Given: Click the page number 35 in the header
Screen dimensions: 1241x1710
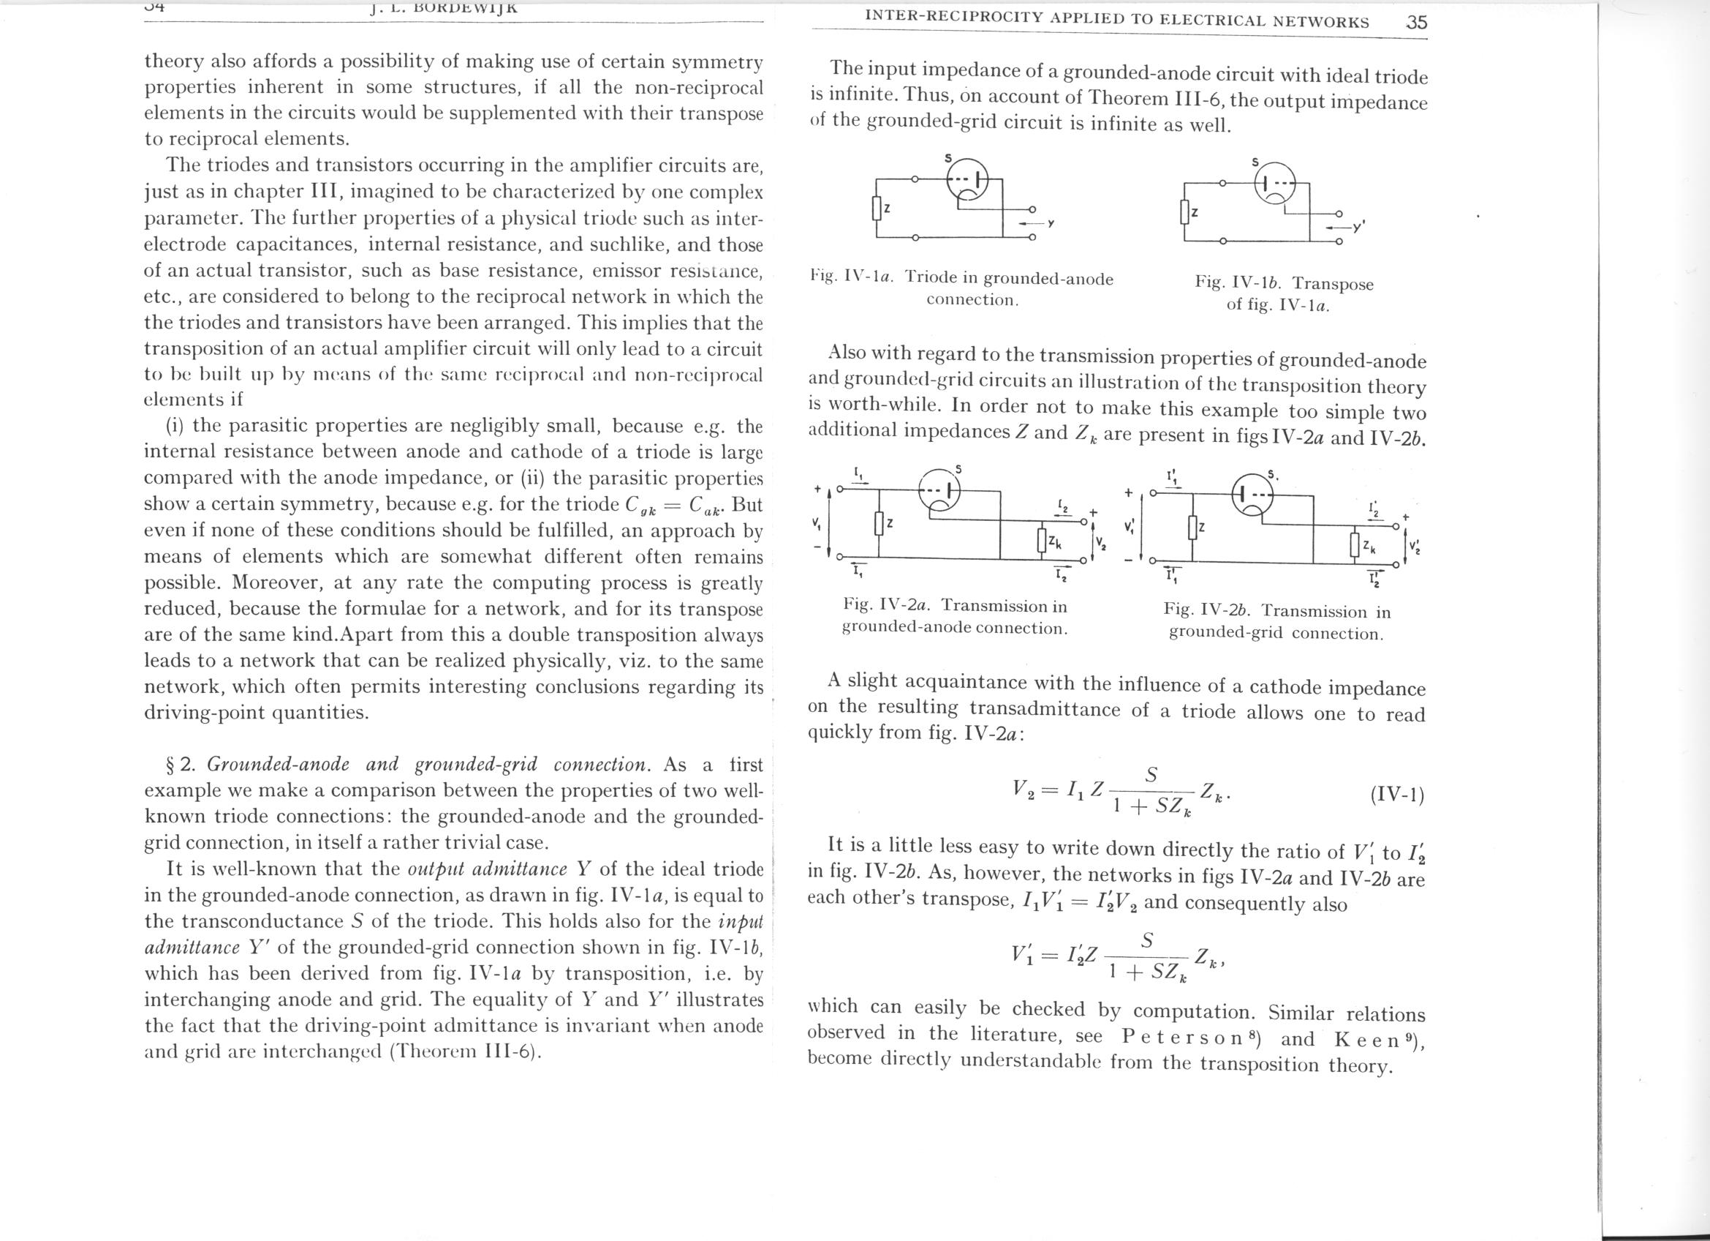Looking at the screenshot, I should [x=1417, y=23].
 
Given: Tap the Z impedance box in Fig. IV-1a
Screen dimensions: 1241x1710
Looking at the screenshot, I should [x=876, y=209].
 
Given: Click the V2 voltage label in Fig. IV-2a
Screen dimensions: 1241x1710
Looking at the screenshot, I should [x=1100, y=541].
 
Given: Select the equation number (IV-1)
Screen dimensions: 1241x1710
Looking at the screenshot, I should [x=1396, y=795].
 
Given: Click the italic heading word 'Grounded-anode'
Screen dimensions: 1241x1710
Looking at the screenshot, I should [x=278, y=764].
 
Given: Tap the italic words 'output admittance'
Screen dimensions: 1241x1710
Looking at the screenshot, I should [x=487, y=869].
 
